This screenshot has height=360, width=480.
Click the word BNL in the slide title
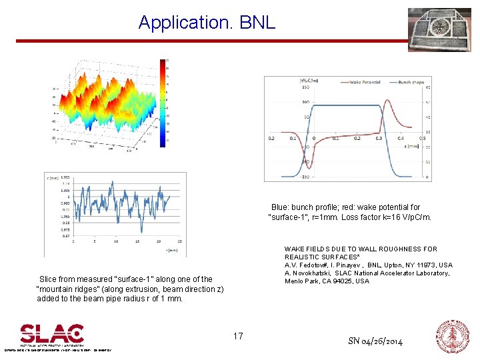pyautogui.click(x=257, y=22)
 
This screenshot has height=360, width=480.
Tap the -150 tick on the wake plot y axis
pyautogui.click(x=305, y=177)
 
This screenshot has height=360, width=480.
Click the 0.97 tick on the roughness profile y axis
pyautogui.click(x=65, y=236)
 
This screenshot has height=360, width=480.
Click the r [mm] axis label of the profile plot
pyautogui.click(x=52, y=178)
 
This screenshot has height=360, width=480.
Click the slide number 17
pyautogui.click(x=238, y=336)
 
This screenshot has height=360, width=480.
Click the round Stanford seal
pyautogui.click(x=453, y=337)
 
